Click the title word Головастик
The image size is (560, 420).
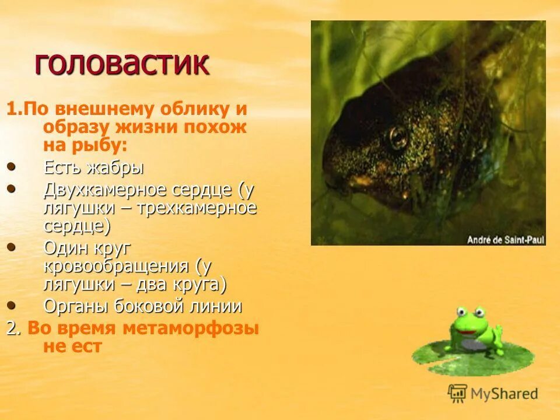point(122,64)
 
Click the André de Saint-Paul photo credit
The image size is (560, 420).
point(505,239)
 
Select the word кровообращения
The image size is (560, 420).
point(117,267)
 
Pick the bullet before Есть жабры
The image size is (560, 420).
point(12,167)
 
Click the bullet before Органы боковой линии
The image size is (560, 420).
point(12,305)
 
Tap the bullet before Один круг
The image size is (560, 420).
point(12,247)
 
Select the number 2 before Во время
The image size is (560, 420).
point(12,328)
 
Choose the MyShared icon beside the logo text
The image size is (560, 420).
point(457,393)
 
